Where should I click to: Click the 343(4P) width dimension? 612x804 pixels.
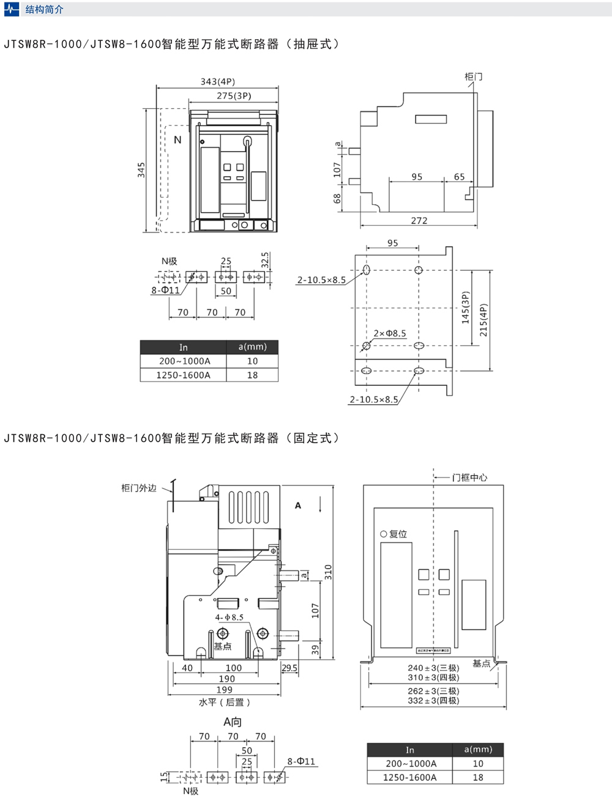217,81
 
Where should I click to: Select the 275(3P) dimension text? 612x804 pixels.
234,96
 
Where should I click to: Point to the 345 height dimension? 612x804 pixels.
141,170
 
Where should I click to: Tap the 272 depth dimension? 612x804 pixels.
419,221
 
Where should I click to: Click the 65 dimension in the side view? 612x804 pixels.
459,177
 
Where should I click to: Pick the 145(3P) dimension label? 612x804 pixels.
465,308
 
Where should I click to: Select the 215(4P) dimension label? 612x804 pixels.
483,320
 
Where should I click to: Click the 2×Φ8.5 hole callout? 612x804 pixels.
390,333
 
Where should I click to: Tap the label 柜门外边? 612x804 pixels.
139,488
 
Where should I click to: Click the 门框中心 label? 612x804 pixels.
469,478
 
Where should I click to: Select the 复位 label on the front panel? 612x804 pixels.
398,534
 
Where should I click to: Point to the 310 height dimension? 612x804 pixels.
328,572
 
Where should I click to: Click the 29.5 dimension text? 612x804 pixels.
289,668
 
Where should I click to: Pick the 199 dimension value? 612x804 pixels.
224,690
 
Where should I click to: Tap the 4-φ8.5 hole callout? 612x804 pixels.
229,618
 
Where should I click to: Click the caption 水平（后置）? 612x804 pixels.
225,703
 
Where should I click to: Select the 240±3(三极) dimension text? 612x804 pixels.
433,668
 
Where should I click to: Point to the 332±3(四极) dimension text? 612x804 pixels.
433,701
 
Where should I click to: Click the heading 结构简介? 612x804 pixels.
44,9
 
